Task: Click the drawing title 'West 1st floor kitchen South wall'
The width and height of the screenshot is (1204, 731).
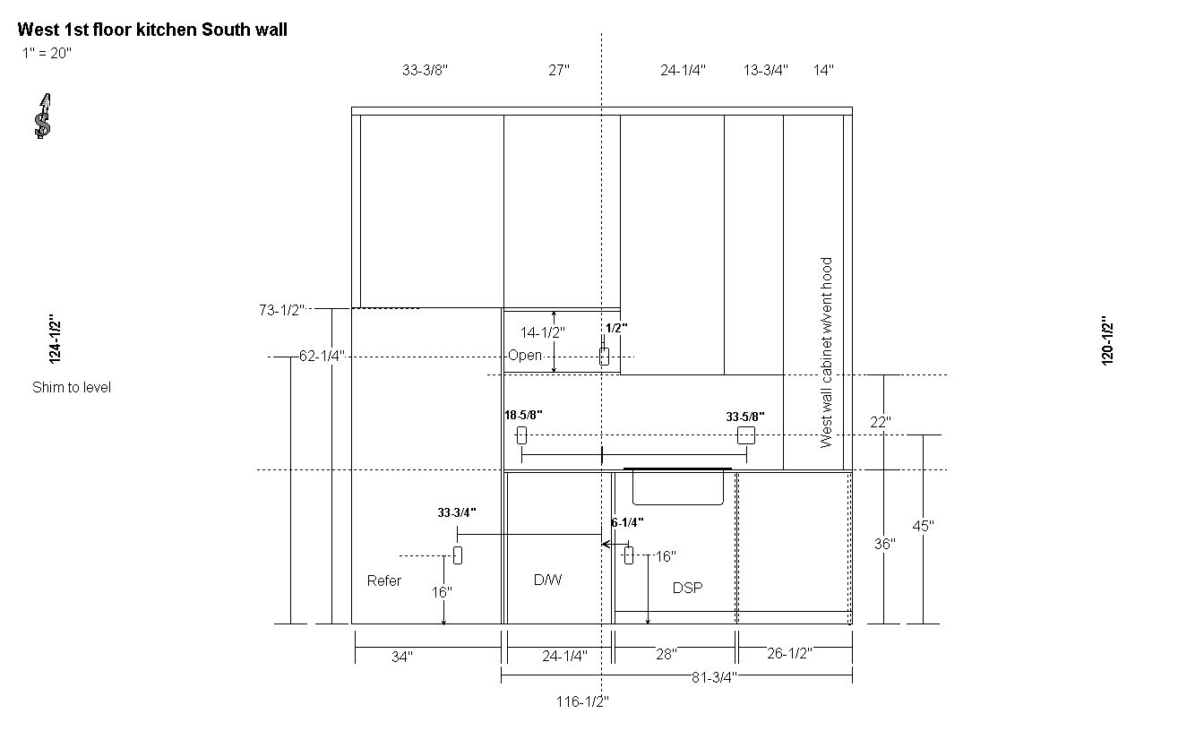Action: click(x=152, y=30)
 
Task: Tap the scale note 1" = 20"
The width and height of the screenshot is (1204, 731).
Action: click(x=47, y=53)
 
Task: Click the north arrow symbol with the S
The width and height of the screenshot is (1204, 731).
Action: click(x=43, y=116)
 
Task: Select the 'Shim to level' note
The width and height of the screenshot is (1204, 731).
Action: click(x=72, y=388)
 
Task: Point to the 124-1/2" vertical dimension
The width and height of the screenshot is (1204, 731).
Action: click(x=55, y=340)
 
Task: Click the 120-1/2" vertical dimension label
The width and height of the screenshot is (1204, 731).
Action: click(x=1107, y=340)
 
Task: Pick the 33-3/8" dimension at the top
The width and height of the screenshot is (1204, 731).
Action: click(x=425, y=71)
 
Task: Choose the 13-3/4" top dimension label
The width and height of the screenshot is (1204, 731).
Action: click(x=765, y=71)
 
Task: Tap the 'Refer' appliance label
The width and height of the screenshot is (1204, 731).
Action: click(x=383, y=581)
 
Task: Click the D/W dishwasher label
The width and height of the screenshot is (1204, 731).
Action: click(x=547, y=580)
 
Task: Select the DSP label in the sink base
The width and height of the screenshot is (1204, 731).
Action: click(x=687, y=588)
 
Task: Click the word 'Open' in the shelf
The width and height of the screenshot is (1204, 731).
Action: click(x=525, y=356)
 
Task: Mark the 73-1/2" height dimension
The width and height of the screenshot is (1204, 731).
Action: click(x=281, y=310)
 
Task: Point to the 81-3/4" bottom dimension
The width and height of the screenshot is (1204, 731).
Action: click(x=714, y=678)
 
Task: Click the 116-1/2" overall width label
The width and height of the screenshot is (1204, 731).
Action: click(x=582, y=702)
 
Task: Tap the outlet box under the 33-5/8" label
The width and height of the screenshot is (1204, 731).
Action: click(x=746, y=434)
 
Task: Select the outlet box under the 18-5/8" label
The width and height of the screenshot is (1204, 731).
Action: click(x=521, y=434)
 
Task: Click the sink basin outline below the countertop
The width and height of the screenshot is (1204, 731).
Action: click(x=678, y=504)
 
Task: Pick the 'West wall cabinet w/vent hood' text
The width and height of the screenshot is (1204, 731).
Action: click(x=826, y=353)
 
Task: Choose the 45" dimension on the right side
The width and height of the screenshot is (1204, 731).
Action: click(x=923, y=526)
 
